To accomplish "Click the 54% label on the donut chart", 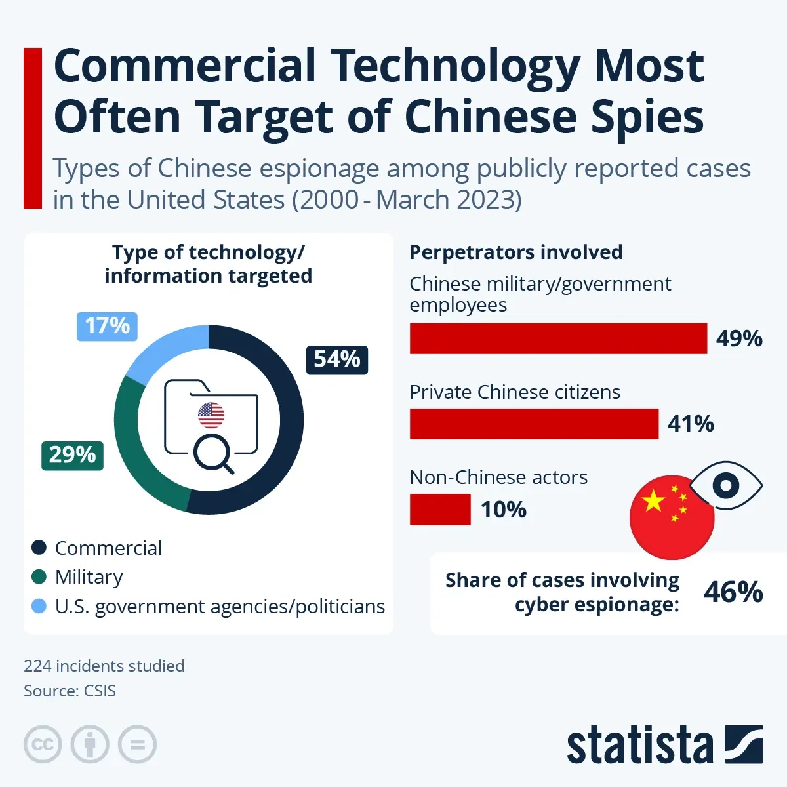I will [x=337, y=359].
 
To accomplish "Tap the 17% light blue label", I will [x=107, y=326].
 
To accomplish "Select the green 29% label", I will [x=72, y=455].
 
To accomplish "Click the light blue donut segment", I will [x=165, y=351].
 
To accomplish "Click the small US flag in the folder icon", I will [x=211, y=415].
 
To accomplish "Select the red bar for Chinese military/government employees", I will [x=558, y=338].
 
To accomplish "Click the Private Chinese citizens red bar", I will [x=534, y=424].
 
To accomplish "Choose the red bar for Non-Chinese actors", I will [x=440, y=510].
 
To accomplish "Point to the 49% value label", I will [x=739, y=338].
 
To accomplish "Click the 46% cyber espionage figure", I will [x=733, y=592].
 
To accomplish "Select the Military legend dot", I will [x=39, y=577].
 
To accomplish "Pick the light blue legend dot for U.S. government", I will [x=39, y=607].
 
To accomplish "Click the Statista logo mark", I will [x=744, y=744].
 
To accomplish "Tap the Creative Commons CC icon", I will [x=43, y=744].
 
